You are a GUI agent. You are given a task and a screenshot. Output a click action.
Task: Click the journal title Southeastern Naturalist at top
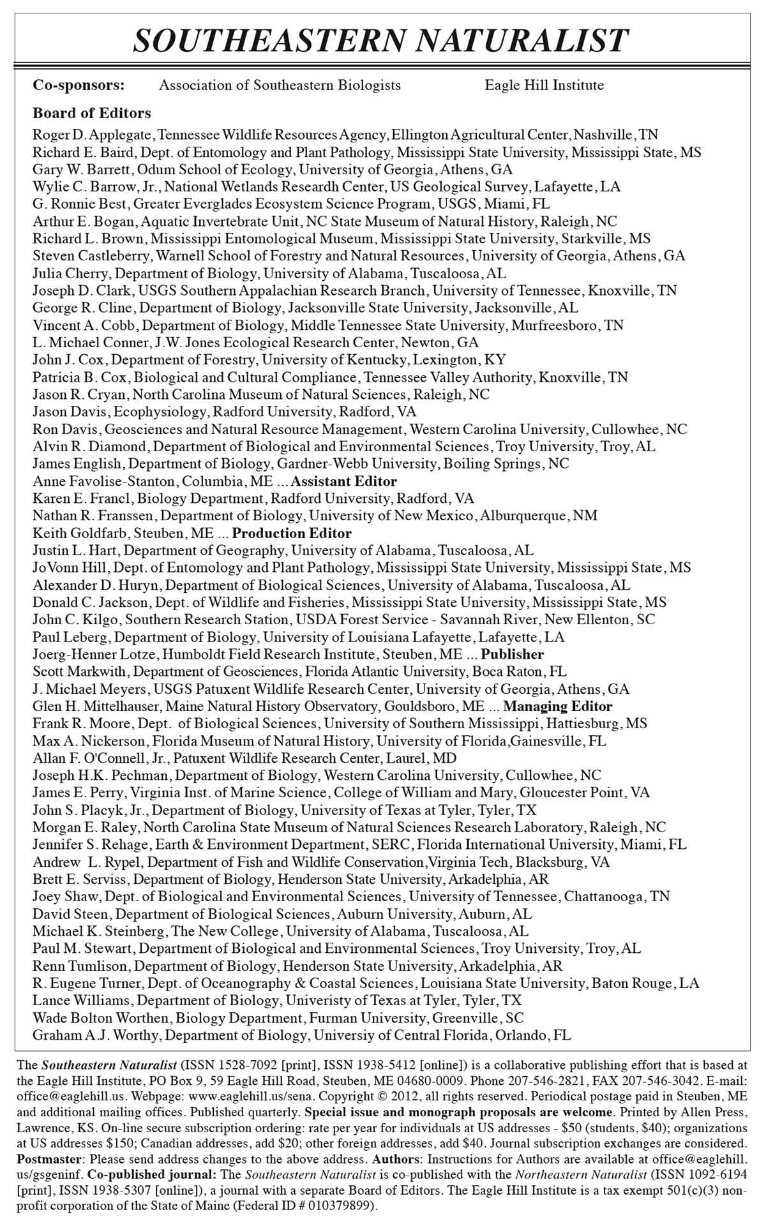tap(382, 41)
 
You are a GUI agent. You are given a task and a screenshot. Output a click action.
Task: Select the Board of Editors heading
tap(92, 113)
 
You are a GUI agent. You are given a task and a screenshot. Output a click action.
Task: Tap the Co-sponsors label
tap(79, 85)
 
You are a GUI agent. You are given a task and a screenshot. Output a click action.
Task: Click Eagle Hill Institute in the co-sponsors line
tap(544, 85)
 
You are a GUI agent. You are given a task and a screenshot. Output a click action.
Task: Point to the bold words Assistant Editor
tap(344, 481)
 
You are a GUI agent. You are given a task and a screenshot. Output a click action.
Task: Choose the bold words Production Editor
tap(292, 533)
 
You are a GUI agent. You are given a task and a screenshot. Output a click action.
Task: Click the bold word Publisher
tap(513, 654)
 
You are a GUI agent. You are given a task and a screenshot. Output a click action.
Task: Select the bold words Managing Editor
tap(558, 707)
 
